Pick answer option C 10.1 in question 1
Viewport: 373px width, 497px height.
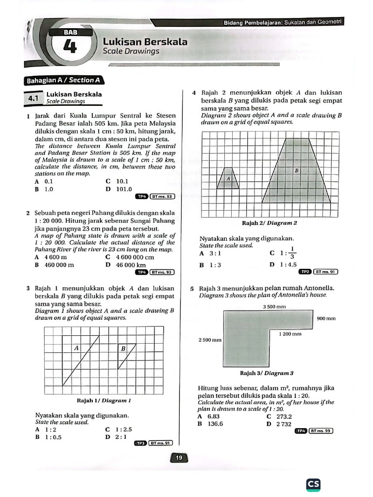coord(116,182)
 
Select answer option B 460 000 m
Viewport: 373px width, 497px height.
coord(54,265)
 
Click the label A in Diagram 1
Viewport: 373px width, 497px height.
coord(77,348)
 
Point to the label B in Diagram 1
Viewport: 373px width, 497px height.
coord(123,348)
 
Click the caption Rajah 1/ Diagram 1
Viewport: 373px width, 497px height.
coord(104,401)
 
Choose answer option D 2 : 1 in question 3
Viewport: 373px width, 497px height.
coord(116,437)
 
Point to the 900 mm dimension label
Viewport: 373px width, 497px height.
coord(326,318)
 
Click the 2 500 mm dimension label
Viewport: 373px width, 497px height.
coord(210,340)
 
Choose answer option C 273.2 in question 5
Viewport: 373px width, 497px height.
coord(279,416)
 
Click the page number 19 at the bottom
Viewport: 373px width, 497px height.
coord(178,457)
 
